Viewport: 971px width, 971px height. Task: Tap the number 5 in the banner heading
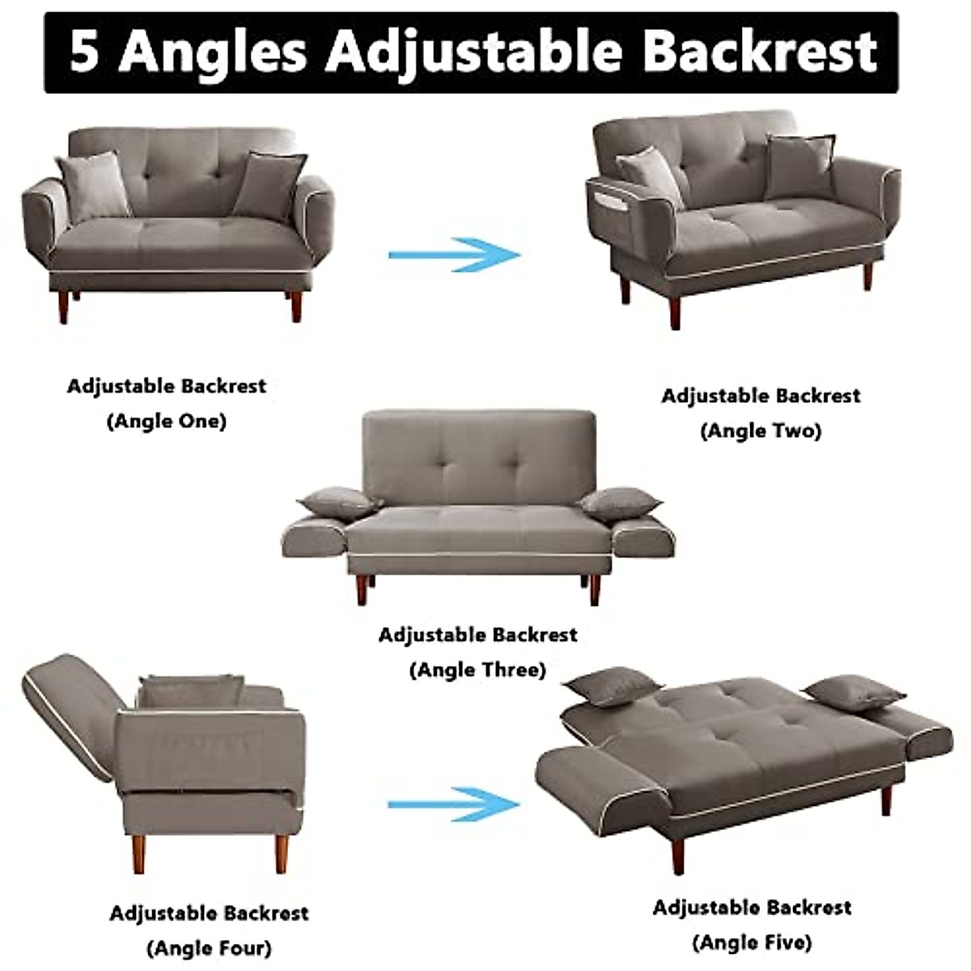tap(84, 52)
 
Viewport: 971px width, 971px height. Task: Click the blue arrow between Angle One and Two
tap(455, 254)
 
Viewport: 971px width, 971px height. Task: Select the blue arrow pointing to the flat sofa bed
tap(453, 804)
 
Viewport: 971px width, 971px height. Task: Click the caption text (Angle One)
tap(167, 421)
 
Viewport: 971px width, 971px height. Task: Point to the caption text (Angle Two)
tap(761, 430)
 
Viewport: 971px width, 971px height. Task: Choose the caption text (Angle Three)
tap(477, 670)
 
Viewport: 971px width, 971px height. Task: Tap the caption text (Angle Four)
tap(209, 948)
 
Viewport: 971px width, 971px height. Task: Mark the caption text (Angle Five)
tap(752, 942)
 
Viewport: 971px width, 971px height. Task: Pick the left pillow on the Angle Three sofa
tap(339, 502)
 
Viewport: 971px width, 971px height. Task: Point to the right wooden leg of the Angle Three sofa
tap(595, 588)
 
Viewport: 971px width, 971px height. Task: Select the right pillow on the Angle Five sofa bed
tap(854, 694)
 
